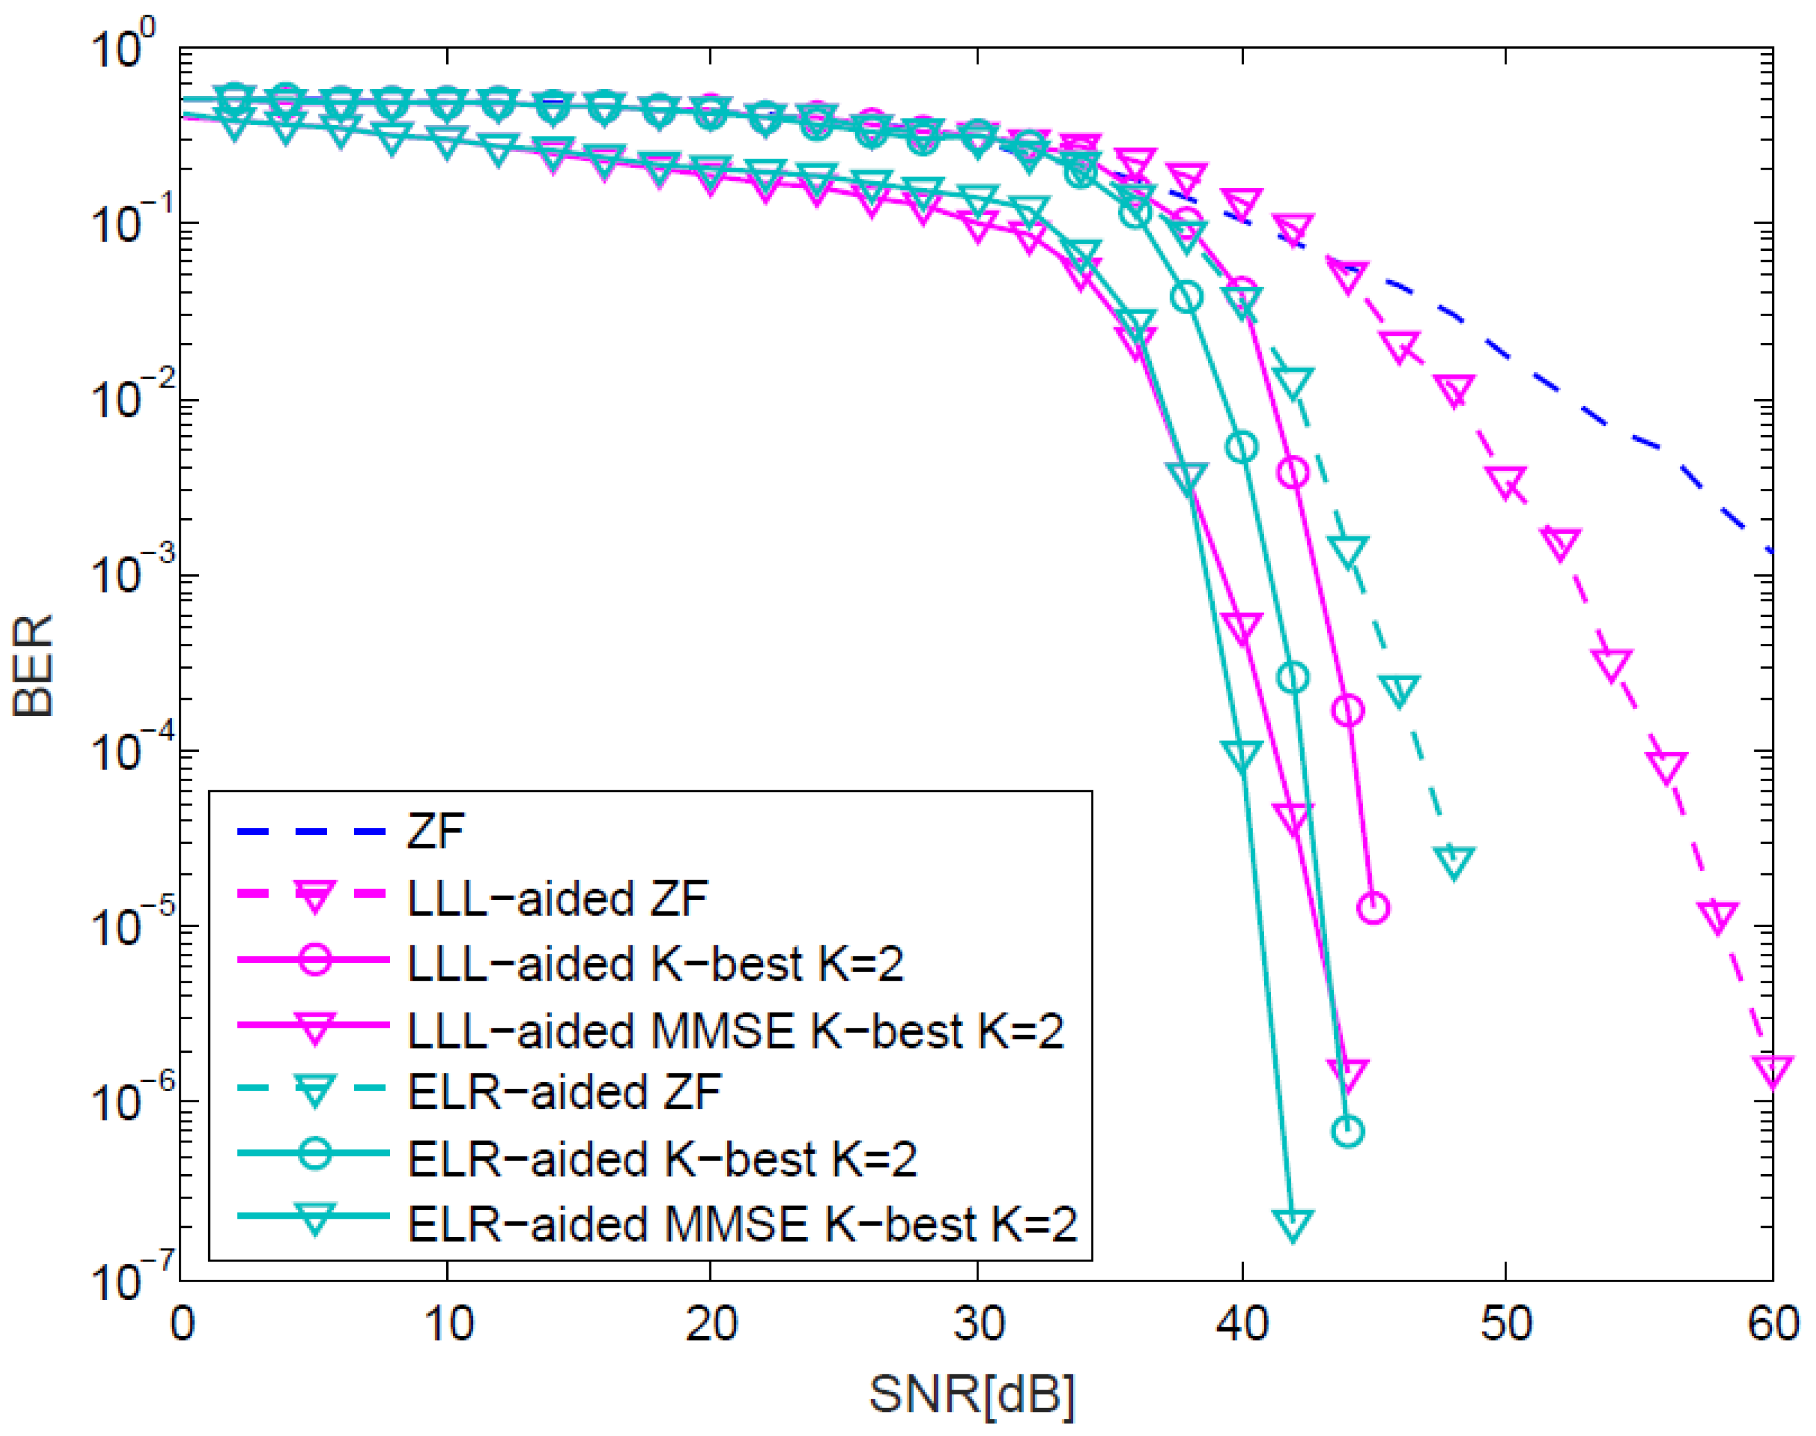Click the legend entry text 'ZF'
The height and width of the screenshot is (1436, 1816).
pyautogui.click(x=435, y=832)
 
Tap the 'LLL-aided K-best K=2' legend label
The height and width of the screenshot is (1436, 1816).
pyautogui.click(x=655, y=964)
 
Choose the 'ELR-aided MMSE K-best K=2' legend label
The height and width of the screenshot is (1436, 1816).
pyautogui.click(x=742, y=1224)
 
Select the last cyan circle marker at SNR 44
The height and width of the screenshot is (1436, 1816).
pyautogui.click(x=1348, y=1131)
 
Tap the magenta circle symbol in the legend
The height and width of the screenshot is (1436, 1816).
pyautogui.click(x=314, y=960)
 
